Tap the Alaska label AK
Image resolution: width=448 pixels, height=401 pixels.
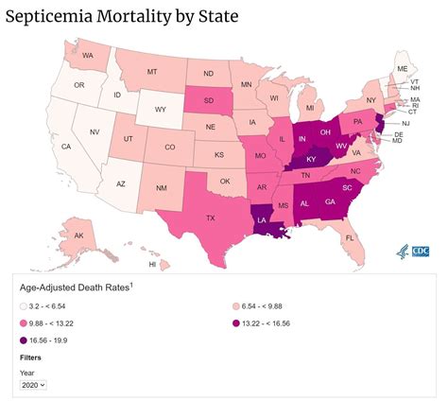click(78, 235)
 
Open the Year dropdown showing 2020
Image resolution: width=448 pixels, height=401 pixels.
click(33, 384)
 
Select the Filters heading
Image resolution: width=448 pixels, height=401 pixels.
click(30, 357)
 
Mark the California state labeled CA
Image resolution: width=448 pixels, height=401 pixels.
click(66, 148)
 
